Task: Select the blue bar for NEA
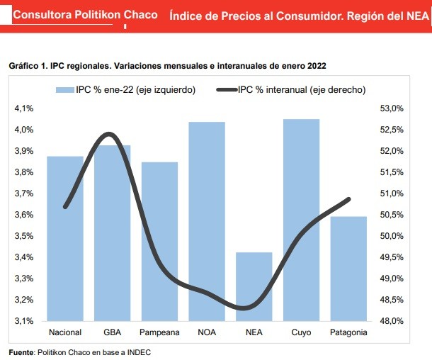pos(254,286)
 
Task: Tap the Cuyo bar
pos(301,220)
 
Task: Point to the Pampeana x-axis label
pos(159,332)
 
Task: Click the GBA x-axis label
pos(112,332)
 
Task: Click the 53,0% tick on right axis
pos(392,108)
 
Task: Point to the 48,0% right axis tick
pos(392,321)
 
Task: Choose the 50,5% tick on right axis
pos(392,215)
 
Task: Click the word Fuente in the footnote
pos(21,351)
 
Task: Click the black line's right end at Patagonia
pos(349,199)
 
